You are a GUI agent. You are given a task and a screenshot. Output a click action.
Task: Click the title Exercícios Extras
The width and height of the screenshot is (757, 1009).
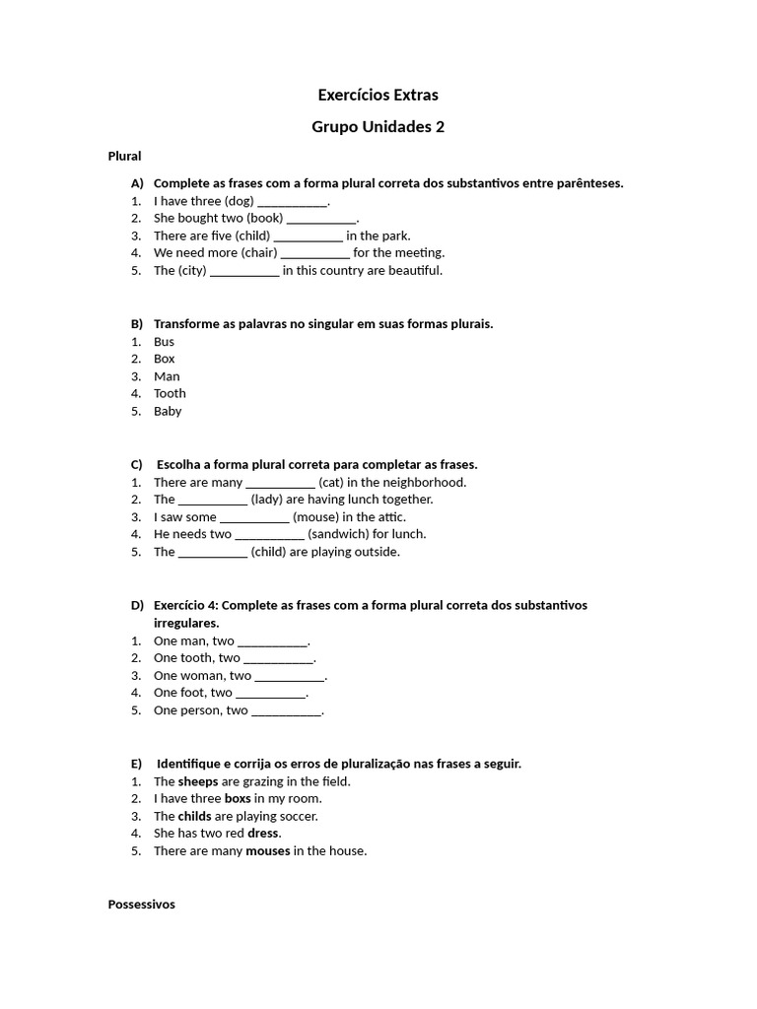pos(378,96)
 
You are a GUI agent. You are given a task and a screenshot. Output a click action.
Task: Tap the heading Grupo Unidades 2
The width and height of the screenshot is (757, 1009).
pos(378,127)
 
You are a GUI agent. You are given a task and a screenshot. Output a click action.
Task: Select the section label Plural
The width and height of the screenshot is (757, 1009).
pos(124,156)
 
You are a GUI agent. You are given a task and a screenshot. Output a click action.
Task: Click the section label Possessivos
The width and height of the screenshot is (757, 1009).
pos(141,904)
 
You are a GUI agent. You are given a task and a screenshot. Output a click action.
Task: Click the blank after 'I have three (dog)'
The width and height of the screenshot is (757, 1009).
pos(292,202)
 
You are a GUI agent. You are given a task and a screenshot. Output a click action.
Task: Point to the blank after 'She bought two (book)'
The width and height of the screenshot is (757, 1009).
pos(321,219)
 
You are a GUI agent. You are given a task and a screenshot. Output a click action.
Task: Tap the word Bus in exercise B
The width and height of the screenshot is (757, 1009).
pos(164,342)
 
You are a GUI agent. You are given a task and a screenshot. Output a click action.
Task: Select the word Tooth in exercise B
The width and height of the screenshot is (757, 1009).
pos(170,393)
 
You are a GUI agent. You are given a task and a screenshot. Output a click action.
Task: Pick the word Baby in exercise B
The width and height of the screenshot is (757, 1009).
pos(168,411)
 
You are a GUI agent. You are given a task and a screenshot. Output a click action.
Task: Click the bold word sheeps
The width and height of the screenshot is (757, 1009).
pos(198,781)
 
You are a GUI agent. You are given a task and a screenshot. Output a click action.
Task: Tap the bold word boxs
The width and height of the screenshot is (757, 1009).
pos(238,799)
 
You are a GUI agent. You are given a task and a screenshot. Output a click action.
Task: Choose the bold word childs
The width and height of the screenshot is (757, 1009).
pos(194,817)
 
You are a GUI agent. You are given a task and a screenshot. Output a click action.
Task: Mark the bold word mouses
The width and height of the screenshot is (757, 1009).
pos(268,851)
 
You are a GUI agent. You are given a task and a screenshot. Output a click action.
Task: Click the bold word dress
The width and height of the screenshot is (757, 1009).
pos(263,834)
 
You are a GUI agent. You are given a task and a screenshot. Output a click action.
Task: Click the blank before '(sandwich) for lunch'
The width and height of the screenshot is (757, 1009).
pos(270,535)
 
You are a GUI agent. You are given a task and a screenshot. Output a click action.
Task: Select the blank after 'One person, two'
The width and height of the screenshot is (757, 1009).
pos(286,711)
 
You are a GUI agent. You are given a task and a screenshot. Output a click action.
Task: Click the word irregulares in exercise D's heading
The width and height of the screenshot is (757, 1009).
pos(186,623)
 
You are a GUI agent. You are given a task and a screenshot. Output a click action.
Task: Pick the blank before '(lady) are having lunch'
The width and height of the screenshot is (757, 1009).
pos(213,501)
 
